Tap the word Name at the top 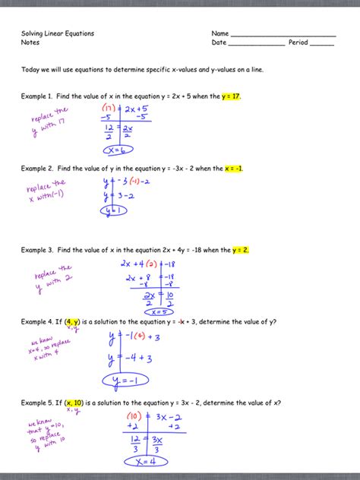click(220, 34)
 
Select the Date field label click(219, 43)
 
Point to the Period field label click(298, 43)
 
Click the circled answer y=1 click(114, 210)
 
